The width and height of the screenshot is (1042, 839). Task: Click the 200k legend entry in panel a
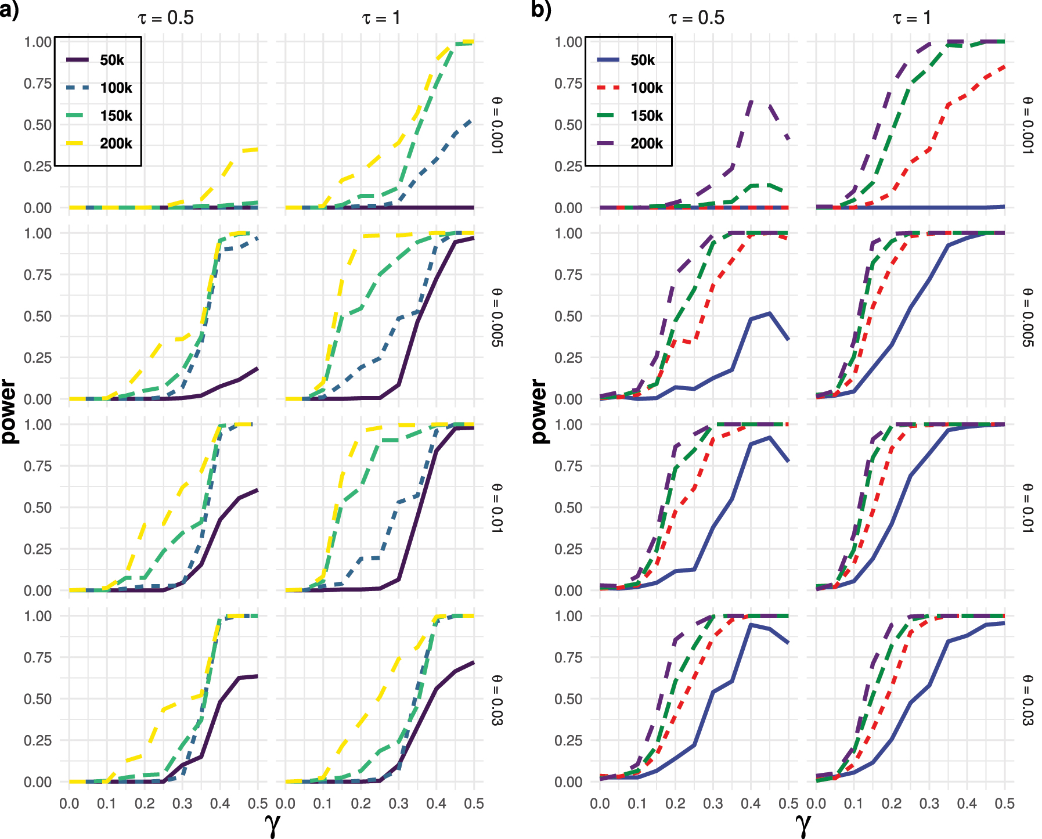[x=116, y=143]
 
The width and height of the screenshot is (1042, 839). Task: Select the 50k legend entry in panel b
[x=643, y=60]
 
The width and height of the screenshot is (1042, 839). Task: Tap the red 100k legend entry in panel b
[x=646, y=88]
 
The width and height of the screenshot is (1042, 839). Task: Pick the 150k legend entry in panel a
[x=116, y=116]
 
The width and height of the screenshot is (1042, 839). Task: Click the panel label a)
[x=9, y=10]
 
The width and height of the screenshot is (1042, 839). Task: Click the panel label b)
[x=541, y=10]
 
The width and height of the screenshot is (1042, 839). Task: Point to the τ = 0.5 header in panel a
[x=165, y=17]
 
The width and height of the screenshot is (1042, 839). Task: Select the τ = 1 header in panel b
[x=911, y=17]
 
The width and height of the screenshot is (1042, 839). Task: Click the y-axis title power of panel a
[x=9, y=411]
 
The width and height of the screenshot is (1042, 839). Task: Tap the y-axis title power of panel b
[x=540, y=411]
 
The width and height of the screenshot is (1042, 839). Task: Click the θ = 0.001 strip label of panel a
[x=497, y=125]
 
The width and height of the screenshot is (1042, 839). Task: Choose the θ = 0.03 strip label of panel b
[x=1027, y=700]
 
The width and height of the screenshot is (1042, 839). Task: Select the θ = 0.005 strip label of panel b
[x=1027, y=317]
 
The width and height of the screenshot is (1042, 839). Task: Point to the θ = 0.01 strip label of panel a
[x=497, y=508]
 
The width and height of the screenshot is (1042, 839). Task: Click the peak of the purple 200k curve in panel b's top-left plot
[x=752, y=102]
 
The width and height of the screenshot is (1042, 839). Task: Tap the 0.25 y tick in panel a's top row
[x=38, y=167]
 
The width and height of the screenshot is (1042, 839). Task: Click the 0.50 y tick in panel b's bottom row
[x=568, y=699]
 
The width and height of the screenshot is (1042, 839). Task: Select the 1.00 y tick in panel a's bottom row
[x=38, y=616]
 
